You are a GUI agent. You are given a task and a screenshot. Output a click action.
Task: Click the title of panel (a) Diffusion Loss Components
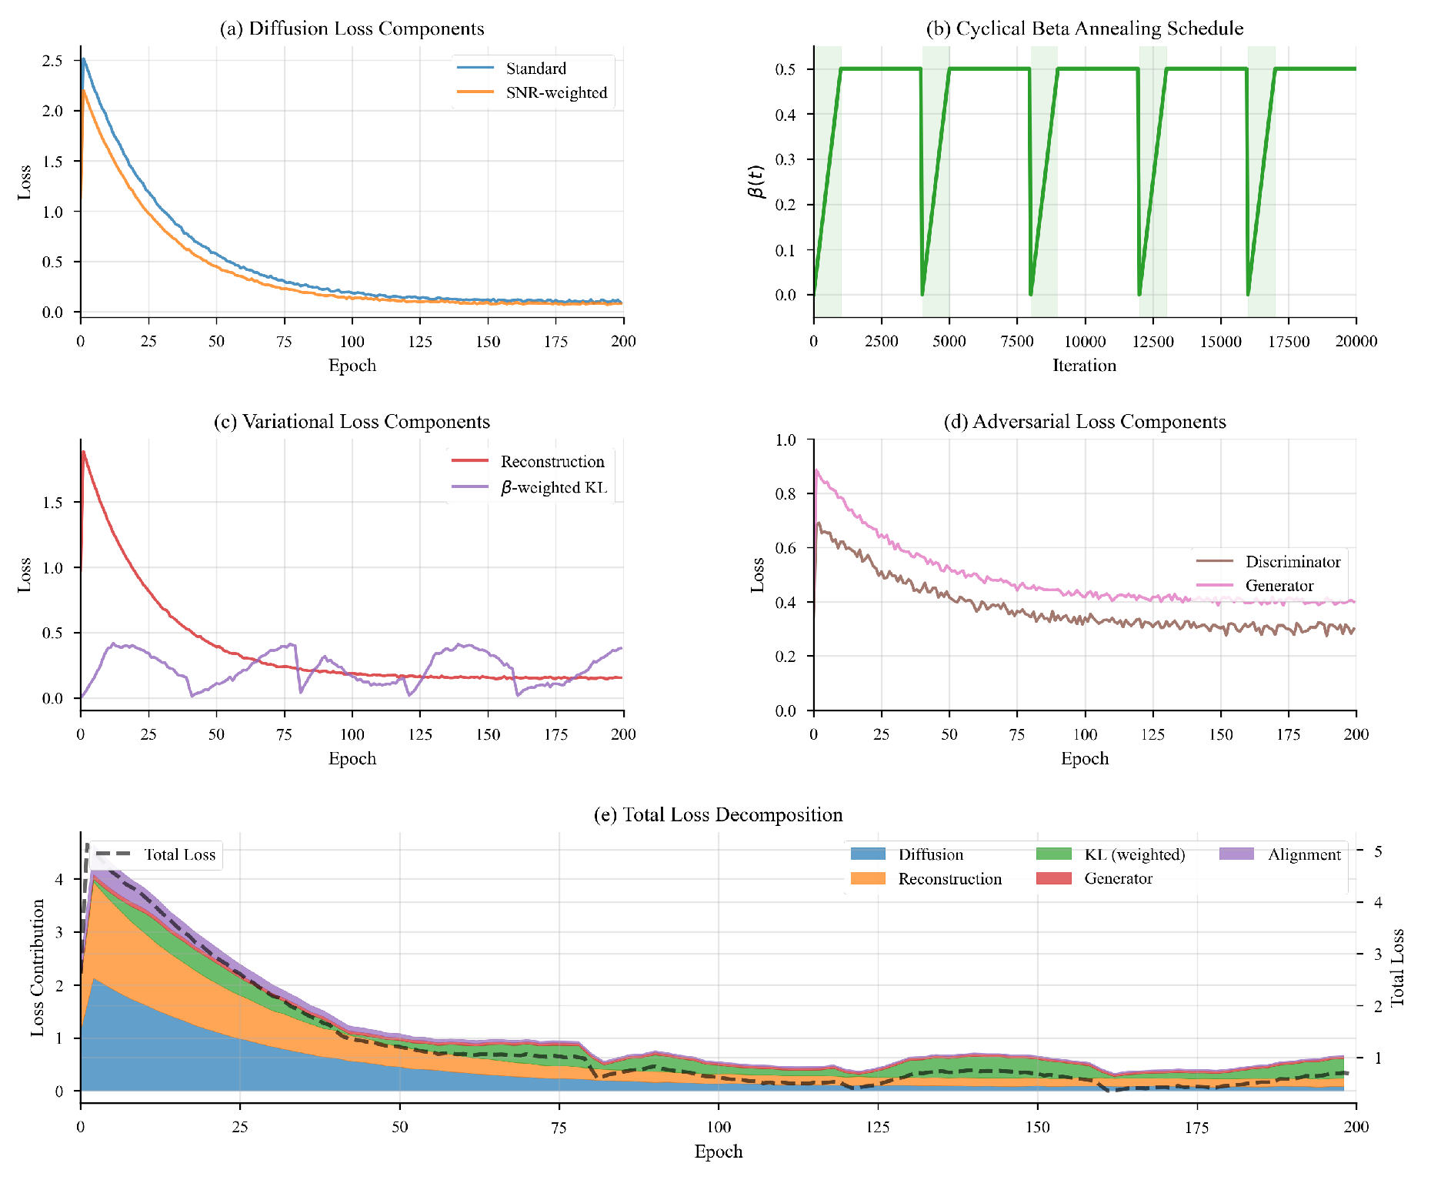click(x=352, y=28)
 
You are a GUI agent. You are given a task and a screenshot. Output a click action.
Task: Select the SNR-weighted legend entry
click(x=555, y=92)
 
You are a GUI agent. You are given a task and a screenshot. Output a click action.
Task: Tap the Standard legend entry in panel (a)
click(x=535, y=69)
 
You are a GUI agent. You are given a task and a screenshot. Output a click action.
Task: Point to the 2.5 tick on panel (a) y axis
click(x=52, y=61)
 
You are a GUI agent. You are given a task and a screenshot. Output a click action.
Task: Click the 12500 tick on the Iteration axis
click(x=1152, y=342)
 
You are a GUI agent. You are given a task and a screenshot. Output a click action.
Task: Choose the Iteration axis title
click(x=1084, y=366)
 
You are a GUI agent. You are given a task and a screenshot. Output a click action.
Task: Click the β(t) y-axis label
click(x=756, y=182)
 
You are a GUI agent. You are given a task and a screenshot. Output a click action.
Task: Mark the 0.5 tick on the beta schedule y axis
click(x=786, y=69)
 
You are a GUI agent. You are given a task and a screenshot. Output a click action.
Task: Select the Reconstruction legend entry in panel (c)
click(x=552, y=462)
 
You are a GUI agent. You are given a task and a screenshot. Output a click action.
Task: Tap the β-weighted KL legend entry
click(x=553, y=487)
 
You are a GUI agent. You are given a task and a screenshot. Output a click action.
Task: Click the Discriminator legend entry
click(x=1293, y=562)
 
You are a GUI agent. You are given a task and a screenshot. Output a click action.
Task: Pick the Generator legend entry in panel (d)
click(x=1279, y=586)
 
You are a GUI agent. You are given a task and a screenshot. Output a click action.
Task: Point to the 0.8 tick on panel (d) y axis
click(x=786, y=494)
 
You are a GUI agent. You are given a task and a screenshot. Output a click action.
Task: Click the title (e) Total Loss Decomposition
click(x=718, y=814)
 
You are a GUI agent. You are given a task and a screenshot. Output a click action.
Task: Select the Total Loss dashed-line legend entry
click(x=178, y=854)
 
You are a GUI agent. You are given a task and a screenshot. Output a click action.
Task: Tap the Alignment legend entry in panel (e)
click(x=1303, y=854)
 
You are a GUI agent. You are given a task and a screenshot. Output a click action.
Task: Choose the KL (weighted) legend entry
click(x=1134, y=854)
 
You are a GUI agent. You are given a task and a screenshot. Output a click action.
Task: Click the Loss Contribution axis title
click(x=37, y=968)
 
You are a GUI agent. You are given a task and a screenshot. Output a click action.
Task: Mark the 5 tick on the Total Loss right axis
click(x=1378, y=851)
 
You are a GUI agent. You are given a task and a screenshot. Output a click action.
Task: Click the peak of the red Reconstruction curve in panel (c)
click(x=83, y=452)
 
